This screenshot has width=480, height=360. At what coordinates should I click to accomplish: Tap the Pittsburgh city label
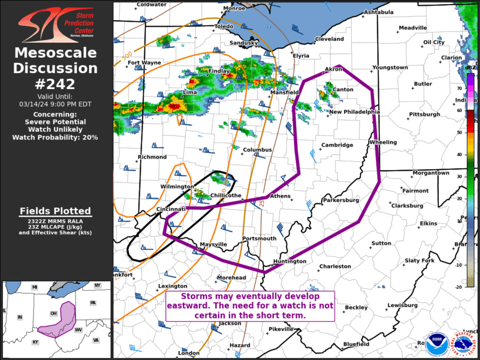point(425,114)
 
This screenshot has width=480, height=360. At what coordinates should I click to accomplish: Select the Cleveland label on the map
point(329,39)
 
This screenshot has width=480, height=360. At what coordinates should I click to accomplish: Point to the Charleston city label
point(335,266)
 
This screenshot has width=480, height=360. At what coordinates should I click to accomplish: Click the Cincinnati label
point(171,209)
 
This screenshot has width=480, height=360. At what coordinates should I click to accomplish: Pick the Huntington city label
point(290,262)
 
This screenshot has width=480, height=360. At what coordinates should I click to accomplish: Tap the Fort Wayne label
point(144,62)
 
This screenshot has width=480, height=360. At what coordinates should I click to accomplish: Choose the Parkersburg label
point(341,200)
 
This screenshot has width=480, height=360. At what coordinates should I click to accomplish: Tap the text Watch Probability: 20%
point(55,137)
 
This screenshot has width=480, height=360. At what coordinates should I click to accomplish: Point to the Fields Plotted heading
point(55,211)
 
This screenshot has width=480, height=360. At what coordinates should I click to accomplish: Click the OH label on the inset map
point(54,313)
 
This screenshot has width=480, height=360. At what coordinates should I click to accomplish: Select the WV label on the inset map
point(78,330)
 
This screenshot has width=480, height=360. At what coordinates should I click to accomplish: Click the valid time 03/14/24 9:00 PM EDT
point(55,104)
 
